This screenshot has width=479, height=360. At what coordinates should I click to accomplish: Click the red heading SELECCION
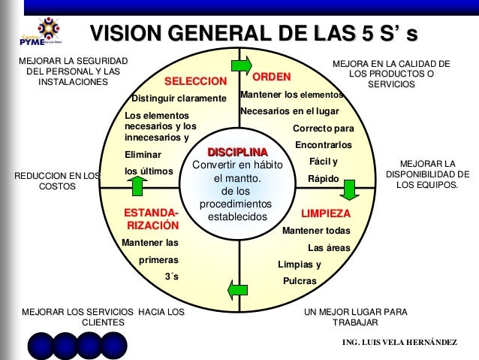pos(195,81)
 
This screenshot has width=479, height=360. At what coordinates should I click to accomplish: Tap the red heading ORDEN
pos(272,77)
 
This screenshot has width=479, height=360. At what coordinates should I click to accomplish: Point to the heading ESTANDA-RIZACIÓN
pos(152,219)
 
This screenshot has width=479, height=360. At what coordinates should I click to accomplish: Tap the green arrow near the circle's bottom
pos(238,289)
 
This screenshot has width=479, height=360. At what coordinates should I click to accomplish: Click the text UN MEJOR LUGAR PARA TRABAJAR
pos(355,316)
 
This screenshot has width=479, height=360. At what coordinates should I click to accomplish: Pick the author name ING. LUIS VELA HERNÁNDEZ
pos(399,343)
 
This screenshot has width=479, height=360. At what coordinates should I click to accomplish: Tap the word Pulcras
pos(299,281)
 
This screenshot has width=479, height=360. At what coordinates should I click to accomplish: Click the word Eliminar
pos(143,154)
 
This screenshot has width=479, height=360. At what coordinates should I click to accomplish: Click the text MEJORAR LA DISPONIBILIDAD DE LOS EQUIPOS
pos(428,173)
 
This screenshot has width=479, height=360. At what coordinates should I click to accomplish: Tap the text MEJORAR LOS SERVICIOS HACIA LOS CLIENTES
pos(103,316)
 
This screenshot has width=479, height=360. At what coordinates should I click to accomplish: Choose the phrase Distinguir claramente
pos(179,98)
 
